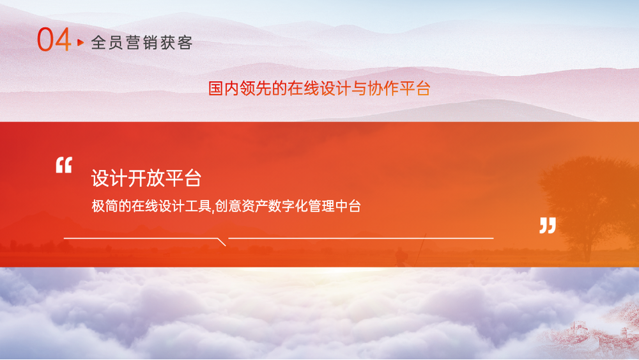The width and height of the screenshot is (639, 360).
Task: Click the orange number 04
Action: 54,40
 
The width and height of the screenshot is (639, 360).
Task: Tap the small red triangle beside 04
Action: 81,42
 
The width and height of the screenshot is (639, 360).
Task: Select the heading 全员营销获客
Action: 142,42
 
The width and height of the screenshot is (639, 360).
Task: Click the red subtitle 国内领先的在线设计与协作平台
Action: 319,88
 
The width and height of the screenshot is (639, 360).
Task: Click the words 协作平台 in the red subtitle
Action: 399,88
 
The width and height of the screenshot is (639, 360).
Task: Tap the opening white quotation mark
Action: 64,165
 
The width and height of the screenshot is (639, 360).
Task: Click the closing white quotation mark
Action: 548,226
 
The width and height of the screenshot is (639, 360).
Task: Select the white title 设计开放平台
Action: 146,178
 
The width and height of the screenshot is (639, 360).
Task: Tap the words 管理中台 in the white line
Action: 335,206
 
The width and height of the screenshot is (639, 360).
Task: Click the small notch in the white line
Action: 222,242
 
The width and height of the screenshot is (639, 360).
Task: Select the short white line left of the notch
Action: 141,238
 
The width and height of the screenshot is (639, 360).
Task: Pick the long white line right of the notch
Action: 360,238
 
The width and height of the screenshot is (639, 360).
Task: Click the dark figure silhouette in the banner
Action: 401,257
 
